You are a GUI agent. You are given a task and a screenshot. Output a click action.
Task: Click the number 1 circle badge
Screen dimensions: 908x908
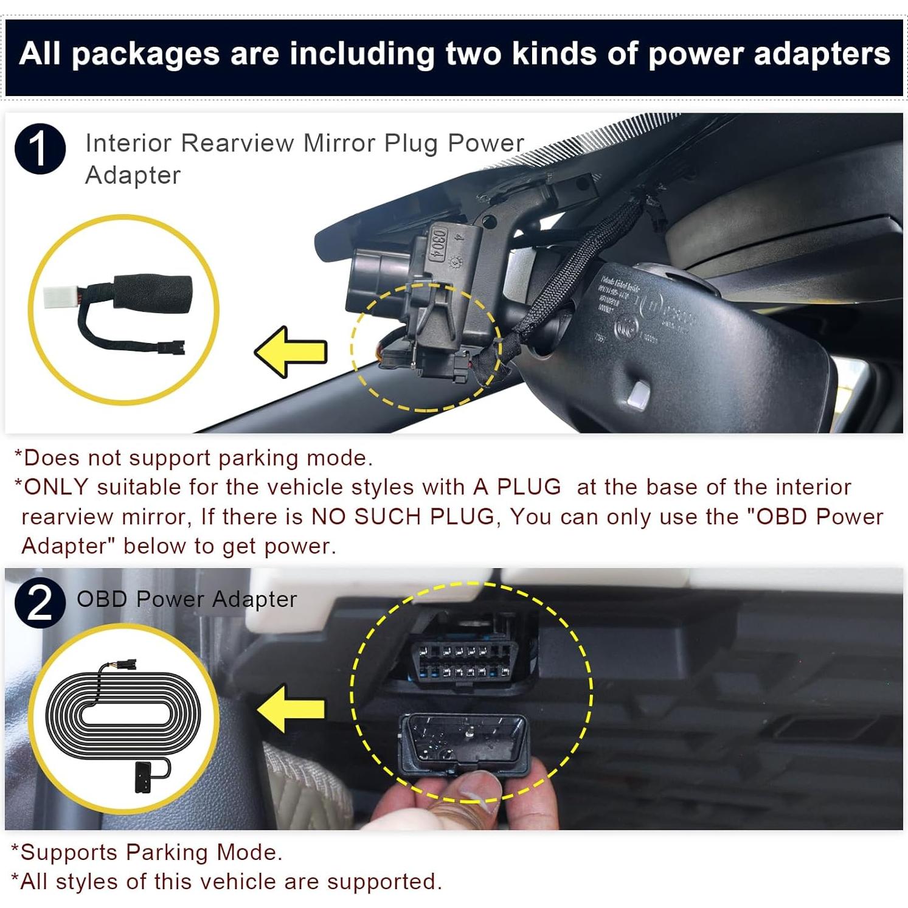point(40,149)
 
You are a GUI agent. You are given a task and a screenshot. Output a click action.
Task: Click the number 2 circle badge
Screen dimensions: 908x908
point(40,603)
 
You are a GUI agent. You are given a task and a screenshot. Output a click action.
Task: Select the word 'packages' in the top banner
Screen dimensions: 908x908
point(145,55)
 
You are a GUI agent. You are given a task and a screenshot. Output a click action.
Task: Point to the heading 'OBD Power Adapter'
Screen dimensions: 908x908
point(187,599)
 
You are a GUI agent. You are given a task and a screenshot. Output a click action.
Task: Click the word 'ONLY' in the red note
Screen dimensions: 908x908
point(56,487)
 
